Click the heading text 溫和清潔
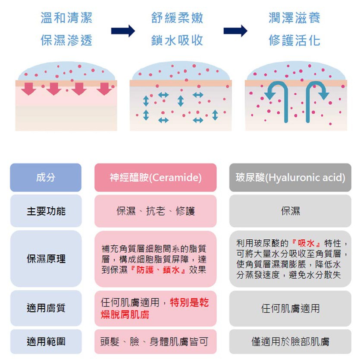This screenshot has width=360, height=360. pyautogui.click(x=66, y=18)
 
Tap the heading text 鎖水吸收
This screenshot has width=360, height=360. pyautogui.click(x=177, y=41)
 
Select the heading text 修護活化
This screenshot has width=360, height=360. pyautogui.click(x=294, y=41)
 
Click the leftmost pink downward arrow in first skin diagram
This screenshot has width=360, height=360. pyautogui.click(x=28, y=88)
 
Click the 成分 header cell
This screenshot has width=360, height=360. pyautogui.click(x=46, y=177)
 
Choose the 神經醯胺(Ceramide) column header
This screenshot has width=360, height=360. pyautogui.click(x=155, y=178)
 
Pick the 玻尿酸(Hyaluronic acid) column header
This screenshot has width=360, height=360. pyautogui.click(x=290, y=178)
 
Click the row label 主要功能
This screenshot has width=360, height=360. pyautogui.click(x=46, y=211)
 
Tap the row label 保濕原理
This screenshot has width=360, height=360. pyautogui.click(x=46, y=259)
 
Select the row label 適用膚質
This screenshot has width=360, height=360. pyautogui.click(x=46, y=308)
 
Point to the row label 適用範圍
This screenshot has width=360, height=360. pyautogui.click(x=46, y=342)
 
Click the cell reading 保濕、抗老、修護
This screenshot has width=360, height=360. pyautogui.click(x=155, y=211)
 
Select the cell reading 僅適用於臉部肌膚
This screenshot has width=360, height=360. pyautogui.click(x=290, y=342)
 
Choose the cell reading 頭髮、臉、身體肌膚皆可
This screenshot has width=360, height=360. pyautogui.click(x=155, y=342)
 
